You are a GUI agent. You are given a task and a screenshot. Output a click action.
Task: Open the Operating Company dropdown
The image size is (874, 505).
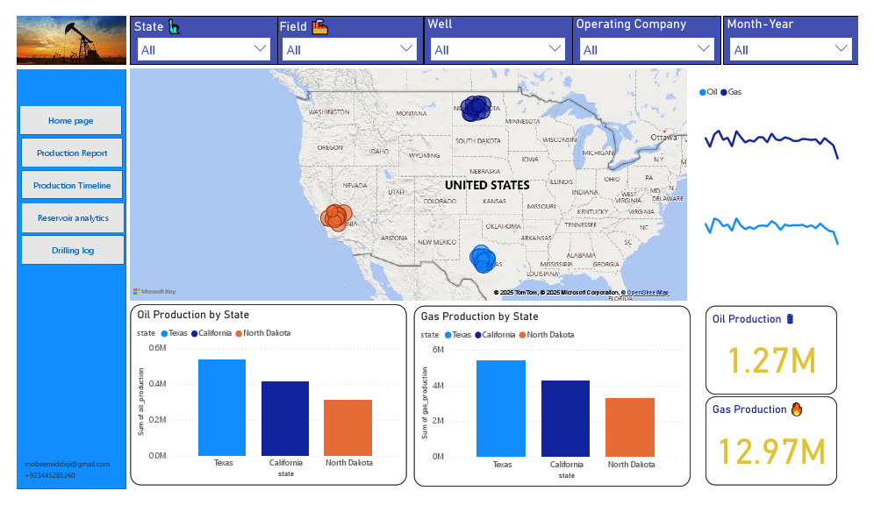(646, 50)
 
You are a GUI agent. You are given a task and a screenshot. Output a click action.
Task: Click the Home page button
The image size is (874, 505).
(71, 121)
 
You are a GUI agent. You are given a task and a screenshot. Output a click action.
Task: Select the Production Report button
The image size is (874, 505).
(72, 153)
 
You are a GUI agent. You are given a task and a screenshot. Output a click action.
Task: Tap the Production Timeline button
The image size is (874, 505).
(72, 186)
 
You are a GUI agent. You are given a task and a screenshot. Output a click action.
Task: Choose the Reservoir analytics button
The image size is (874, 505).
(72, 217)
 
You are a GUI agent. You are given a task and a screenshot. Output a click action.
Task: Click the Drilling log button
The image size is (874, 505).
(72, 250)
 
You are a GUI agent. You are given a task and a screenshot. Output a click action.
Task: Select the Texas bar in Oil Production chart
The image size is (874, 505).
(222, 408)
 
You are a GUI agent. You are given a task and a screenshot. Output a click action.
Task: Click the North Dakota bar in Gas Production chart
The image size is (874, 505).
(630, 427)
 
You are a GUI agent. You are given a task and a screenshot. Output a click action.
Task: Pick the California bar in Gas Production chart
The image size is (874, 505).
(565, 418)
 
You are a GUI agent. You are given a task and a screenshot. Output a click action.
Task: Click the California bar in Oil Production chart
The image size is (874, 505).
(285, 418)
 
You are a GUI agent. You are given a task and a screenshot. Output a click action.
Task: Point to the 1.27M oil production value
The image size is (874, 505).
(771, 361)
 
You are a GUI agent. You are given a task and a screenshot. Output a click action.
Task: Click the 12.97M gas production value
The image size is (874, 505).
(771, 452)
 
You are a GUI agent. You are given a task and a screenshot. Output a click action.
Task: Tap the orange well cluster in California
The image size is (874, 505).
(336, 217)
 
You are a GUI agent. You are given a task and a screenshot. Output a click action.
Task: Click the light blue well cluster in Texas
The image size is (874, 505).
(484, 259)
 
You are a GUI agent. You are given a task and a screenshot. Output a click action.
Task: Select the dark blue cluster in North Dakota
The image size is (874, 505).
(476, 108)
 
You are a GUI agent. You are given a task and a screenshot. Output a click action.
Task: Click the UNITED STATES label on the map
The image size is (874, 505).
(487, 185)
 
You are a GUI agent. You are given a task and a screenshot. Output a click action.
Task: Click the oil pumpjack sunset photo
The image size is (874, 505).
(72, 40)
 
